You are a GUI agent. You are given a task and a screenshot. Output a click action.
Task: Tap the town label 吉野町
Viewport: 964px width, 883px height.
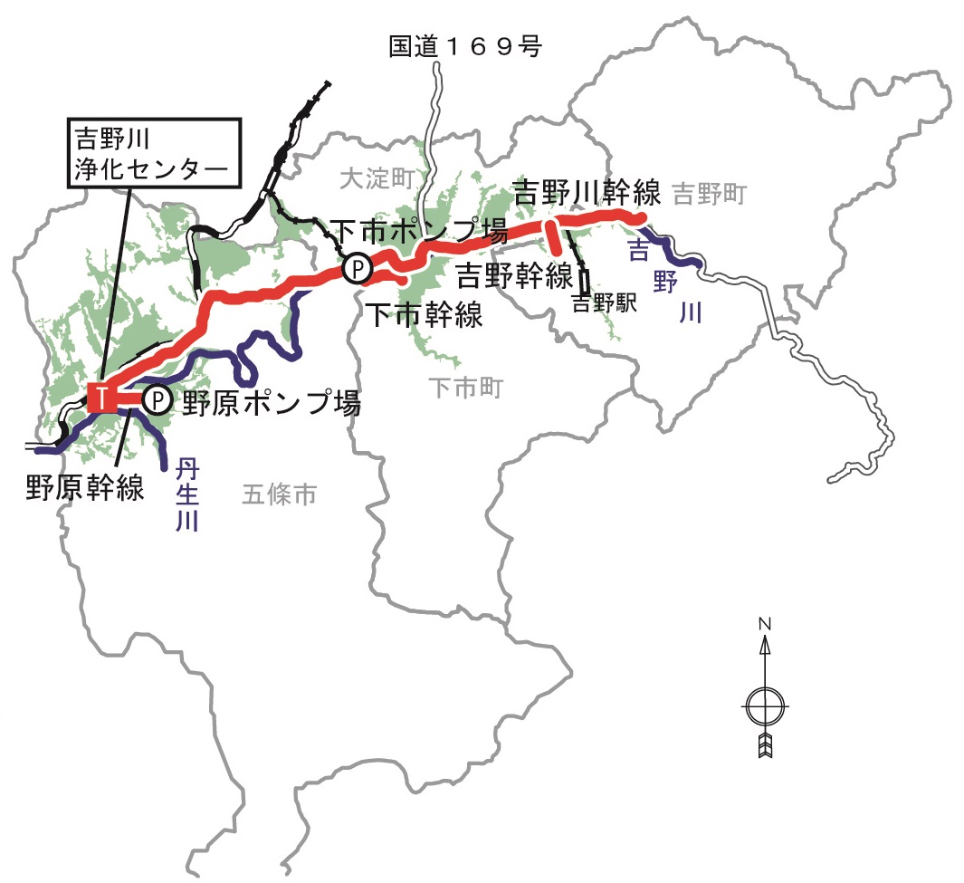[711, 192]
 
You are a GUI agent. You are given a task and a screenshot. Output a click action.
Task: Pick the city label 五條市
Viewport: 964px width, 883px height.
[279, 494]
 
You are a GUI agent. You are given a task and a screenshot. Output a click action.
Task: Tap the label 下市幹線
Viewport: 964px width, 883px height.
[423, 314]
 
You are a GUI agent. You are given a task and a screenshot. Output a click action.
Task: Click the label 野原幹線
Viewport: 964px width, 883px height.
[85, 488]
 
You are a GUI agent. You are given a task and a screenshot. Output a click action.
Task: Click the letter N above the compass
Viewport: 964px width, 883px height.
[765, 624]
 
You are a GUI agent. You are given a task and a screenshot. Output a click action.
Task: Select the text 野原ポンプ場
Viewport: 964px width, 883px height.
[272, 402]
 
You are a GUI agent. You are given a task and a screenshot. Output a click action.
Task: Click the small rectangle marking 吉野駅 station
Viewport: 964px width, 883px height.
[585, 281]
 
